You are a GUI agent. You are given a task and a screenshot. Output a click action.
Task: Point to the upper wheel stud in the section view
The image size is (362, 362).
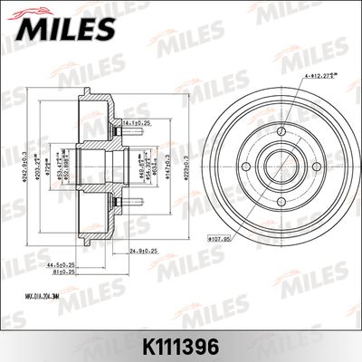[127, 127]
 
